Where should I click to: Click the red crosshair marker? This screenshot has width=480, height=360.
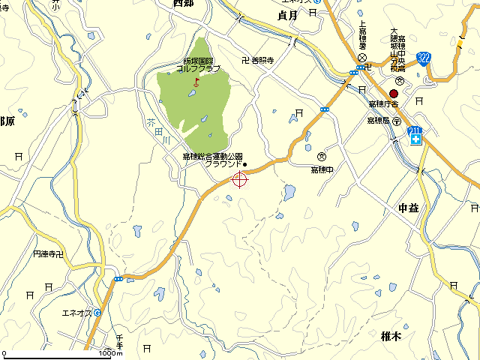(240, 178)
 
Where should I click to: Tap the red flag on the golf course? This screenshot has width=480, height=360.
(196, 79)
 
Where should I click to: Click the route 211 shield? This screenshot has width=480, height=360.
(415, 132)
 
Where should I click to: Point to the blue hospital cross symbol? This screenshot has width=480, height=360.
(415, 141)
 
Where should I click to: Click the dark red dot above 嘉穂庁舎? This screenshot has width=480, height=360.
(394, 93)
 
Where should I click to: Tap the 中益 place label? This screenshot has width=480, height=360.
(409, 207)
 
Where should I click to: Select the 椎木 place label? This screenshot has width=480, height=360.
(391, 337)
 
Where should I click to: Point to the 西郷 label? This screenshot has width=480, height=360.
(184, 4)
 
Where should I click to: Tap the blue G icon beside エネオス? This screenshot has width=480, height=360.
(97, 312)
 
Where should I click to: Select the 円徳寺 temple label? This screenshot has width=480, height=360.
(49, 255)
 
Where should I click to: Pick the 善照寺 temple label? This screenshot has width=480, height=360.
(257, 61)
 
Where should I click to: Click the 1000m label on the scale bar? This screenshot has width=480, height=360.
(109, 352)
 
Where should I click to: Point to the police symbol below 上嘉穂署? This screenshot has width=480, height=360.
(361, 57)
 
